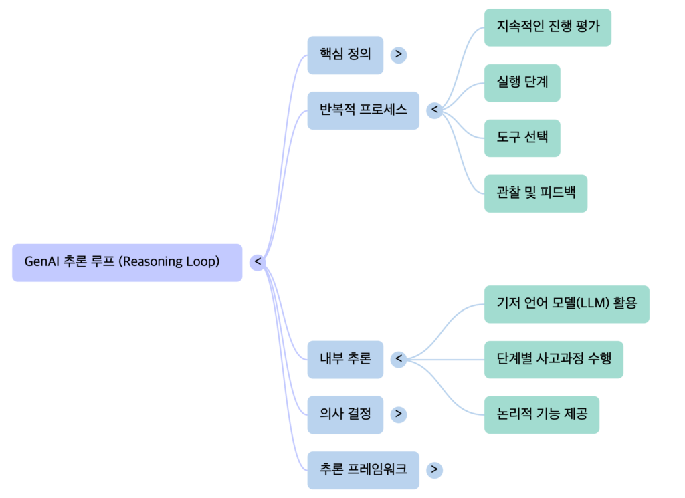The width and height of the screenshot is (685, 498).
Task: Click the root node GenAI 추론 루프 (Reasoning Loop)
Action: click(x=127, y=263)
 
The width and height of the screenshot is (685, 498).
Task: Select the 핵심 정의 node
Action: click(x=345, y=55)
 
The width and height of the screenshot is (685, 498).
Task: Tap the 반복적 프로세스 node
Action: click(x=363, y=110)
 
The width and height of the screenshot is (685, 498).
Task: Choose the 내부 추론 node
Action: click(x=345, y=360)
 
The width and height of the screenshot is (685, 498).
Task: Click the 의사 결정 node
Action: click(x=345, y=414)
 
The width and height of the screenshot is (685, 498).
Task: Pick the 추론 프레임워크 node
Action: click(x=363, y=470)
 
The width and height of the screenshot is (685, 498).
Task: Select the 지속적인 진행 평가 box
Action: click(x=547, y=27)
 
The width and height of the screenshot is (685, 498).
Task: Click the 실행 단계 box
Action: click(x=522, y=83)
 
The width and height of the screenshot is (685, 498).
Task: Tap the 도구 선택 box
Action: click(x=522, y=138)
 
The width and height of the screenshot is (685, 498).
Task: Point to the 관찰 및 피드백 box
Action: click(x=535, y=194)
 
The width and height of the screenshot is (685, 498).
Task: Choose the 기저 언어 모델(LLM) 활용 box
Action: click(x=567, y=304)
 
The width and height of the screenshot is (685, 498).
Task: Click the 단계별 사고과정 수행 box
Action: click(x=554, y=360)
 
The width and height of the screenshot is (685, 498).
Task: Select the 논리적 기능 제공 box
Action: click(x=541, y=414)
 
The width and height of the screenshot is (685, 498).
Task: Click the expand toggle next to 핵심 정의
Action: click(x=399, y=55)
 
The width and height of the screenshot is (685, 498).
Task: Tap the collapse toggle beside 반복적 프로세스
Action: click(x=435, y=110)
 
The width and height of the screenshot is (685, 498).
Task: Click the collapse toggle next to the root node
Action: click(x=258, y=263)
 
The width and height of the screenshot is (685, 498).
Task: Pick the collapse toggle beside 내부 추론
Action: click(x=399, y=360)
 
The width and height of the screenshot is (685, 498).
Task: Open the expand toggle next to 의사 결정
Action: click(x=399, y=414)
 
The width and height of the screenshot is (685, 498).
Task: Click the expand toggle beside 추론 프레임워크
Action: click(x=435, y=470)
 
